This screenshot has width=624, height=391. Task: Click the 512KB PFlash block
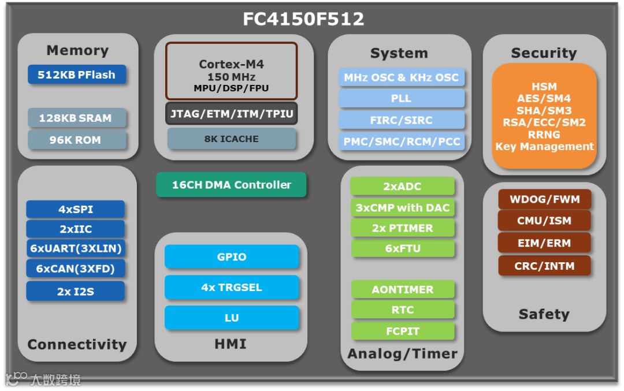click(x=76, y=75)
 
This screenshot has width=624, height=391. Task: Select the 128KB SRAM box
click(x=76, y=118)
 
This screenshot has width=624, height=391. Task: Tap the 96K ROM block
click(x=76, y=140)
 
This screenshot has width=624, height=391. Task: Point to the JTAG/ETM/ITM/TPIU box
click(x=231, y=113)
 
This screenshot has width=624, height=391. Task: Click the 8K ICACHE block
click(x=231, y=139)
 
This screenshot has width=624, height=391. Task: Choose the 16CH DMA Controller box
click(x=231, y=185)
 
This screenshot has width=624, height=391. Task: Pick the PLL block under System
click(x=401, y=98)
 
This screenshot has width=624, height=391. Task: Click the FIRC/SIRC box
click(x=401, y=120)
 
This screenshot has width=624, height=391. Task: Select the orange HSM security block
click(x=544, y=116)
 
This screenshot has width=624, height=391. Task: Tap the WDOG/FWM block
click(x=544, y=200)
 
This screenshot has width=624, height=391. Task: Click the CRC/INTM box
click(x=544, y=266)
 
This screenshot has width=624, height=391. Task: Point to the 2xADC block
click(x=402, y=187)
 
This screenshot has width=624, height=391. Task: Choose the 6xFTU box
click(x=402, y=248)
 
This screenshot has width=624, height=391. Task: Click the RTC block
click(x=402, y=310)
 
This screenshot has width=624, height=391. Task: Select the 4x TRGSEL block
click(x=231, y=287)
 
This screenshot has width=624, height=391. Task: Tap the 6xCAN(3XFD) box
click(x=75, y=269)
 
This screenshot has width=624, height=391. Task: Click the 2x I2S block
click(x=75, y=291)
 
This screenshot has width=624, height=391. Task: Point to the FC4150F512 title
click(x=303, y=19)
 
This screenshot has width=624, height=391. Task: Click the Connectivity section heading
click(x=77, y=345)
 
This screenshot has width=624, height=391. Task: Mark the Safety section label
click(x=544, y=314)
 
